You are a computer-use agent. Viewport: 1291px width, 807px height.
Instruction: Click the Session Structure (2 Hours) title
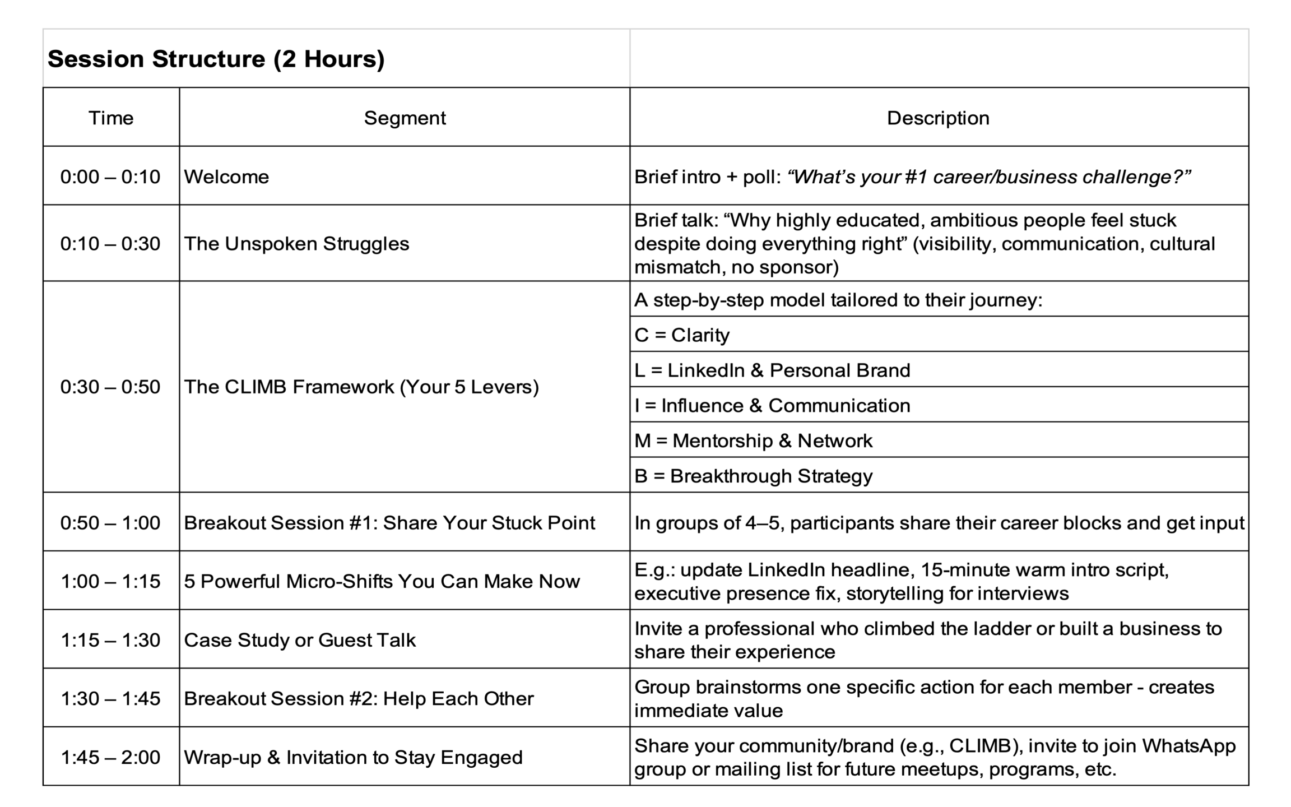point(216,59)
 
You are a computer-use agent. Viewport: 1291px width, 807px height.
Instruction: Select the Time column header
point(111,118)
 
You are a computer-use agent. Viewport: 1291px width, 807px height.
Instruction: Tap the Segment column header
point(405,118)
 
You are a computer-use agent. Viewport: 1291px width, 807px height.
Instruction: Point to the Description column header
point(938,118)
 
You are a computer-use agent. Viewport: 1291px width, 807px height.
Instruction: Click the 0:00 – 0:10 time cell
point(110,177)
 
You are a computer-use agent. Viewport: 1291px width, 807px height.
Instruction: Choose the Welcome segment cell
point(226,177)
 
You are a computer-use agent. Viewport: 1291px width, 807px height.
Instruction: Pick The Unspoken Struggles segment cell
point(296,243)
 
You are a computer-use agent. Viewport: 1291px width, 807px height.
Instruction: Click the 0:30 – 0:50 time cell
point(110,387)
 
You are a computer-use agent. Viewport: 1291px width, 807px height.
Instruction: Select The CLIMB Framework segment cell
point(361,387)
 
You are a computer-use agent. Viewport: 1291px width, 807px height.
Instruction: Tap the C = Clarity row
point(682,335)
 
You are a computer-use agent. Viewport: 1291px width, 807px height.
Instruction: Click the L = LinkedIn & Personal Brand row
point(772,370)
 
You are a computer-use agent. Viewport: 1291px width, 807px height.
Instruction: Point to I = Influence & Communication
point(772,405)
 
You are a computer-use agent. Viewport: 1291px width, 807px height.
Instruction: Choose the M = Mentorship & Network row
point(753,440)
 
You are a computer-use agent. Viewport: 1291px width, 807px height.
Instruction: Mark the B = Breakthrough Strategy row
point(753,476)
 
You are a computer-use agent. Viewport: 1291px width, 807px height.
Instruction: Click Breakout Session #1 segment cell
point(389,522)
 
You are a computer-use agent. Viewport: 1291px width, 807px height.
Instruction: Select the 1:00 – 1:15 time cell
point(110,581)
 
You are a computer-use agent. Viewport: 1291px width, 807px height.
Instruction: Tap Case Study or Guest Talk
point(300,639)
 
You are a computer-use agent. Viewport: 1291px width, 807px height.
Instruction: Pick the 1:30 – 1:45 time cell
point(110,698)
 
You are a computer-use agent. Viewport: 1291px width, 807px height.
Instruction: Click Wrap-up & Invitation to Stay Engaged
point(353,757)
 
